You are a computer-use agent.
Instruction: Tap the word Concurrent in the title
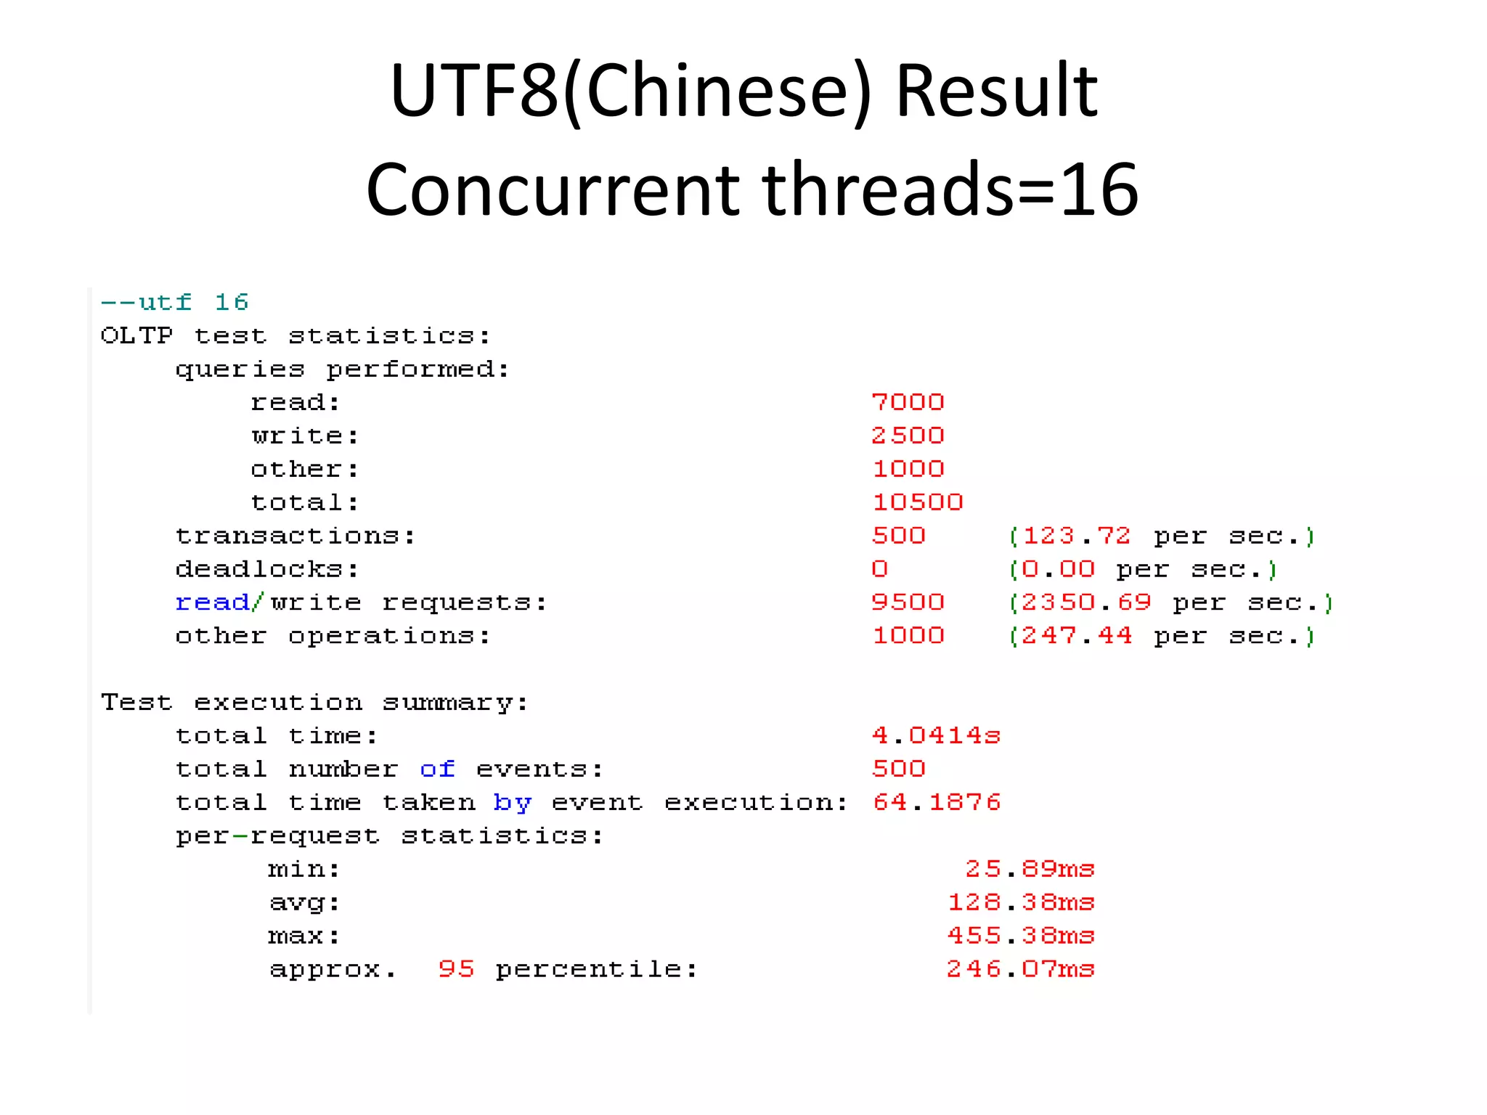click(553, 190)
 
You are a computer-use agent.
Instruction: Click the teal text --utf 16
click(174, 302)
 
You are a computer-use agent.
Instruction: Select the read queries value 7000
click(908, 402)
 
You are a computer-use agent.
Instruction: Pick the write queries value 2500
click(908, 436)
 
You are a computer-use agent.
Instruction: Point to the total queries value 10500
click(917, 502)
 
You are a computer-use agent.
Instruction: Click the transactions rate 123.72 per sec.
click(1162, 536)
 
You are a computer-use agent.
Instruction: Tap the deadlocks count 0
click(879, 569)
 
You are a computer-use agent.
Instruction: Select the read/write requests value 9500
click(908, 603)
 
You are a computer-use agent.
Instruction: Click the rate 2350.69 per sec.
click(1170, 603)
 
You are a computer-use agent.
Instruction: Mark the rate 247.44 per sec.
click(1162, 637)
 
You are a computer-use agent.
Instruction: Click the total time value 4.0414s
click(936, 736)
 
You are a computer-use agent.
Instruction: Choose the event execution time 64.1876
click(936, 802)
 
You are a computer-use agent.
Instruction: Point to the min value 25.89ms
click(1029, 869)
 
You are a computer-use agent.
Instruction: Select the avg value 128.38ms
click(1020, 902)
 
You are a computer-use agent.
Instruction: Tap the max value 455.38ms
click(1020, 936)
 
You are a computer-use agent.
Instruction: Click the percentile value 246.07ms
click(1020, 969)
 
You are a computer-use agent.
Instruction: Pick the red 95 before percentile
click(456, 969)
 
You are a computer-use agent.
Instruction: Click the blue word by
click(512, 803)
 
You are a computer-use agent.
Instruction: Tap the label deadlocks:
click(267, 569)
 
